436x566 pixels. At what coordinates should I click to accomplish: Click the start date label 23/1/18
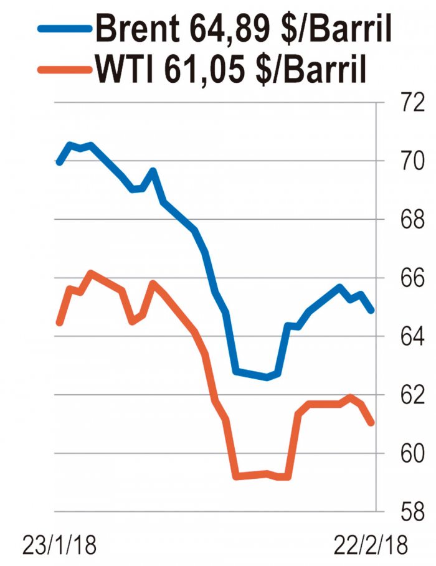coord(60,546)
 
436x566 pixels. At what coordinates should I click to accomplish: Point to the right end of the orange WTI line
coord(372,423)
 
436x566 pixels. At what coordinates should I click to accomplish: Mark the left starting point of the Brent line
coord(60,163)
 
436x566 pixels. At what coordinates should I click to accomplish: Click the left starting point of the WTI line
coord(60,323)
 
